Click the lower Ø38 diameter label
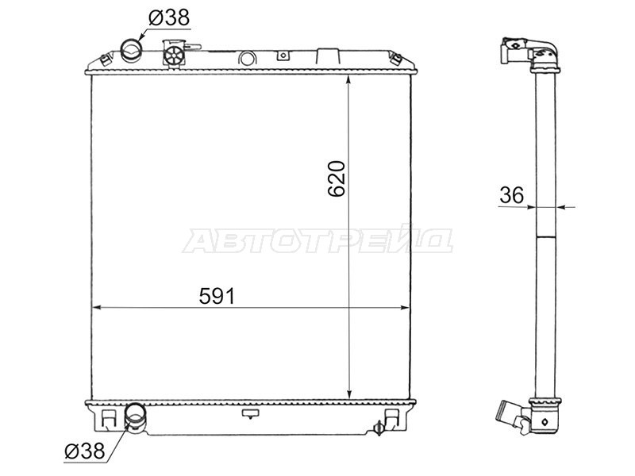coord(83,451)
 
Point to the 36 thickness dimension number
coord(511,195)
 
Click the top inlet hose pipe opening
coord(131,51)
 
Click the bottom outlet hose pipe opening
coord(137,414)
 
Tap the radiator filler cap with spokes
coord(173,54)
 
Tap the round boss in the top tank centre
coord(247,58)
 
